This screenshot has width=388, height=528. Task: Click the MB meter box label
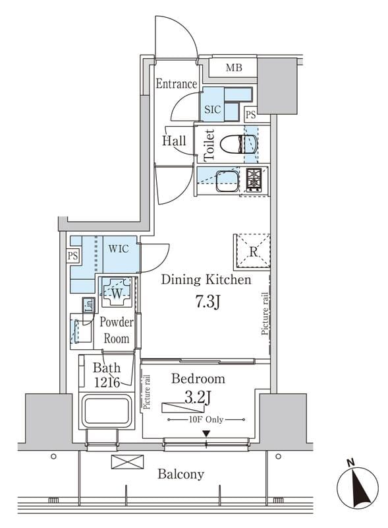click(x=234, y=68)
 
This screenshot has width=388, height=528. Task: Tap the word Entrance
click(x=176, y=84)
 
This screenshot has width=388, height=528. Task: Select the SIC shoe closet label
click(x=213, y=109)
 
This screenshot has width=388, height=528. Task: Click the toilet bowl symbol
click(x=239, y=144)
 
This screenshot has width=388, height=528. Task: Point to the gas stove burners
click(x=254, y=180)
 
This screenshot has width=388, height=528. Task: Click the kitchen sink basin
click(x=227, y=180)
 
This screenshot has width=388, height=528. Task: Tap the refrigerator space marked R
click(x=253, y=251)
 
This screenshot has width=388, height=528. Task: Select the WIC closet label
click(x=119, y=249)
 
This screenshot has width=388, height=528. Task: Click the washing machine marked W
click(x=116, y=292)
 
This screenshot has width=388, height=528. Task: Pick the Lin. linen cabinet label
click(x=89, y=305)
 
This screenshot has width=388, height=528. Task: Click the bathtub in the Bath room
click(x=107, y=411)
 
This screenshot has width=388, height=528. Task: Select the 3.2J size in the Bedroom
click(x=198, y=398)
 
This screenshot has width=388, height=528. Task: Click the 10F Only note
click(x=206, y=420)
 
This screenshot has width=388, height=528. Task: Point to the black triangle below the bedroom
click(x=206, y=434)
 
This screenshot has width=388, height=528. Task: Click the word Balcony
click(x=181, y=474)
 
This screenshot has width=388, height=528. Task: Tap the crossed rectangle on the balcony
click(x=127, y=461)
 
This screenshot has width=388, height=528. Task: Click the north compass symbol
click(x=358, y=486)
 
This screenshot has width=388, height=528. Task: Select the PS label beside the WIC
click(x=72, y=256)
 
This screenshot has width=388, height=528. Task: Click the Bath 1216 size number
click(x=107, y=383)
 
